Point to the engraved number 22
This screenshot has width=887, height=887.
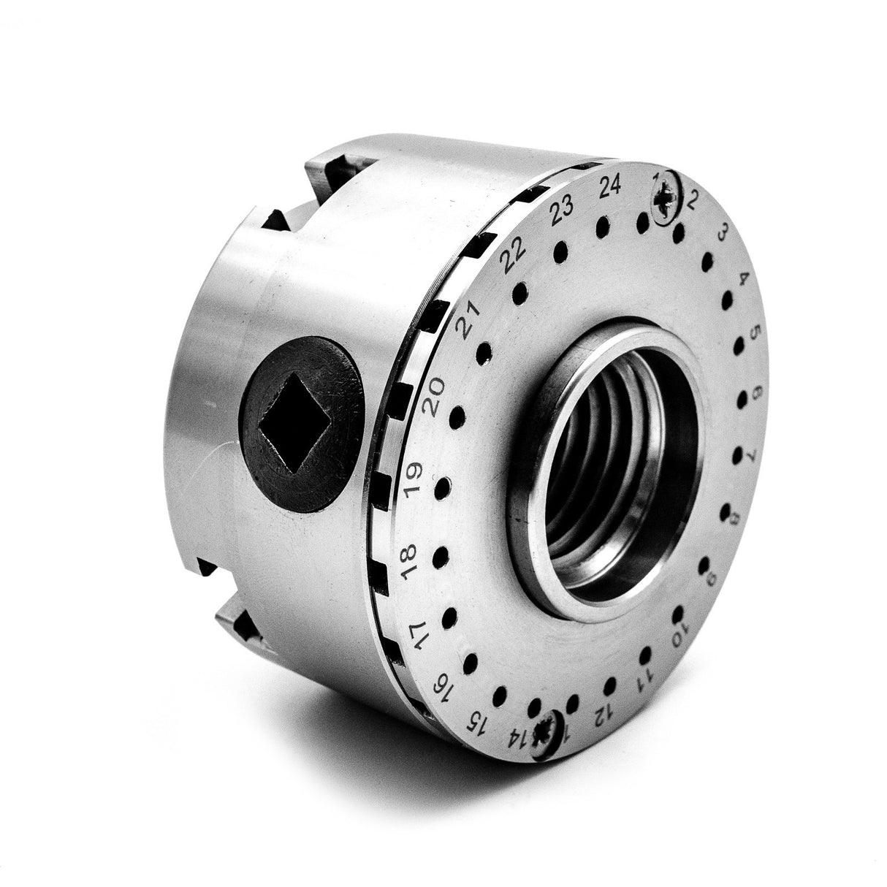[x=515, y=253]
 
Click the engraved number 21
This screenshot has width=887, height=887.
[x=471, y=319]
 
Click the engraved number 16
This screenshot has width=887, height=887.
[x=444, y=687]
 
